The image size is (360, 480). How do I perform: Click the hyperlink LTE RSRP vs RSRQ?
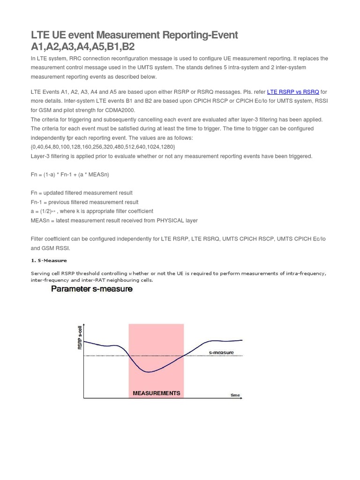(x=293, y=92)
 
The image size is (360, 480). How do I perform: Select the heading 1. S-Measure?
(x=49, y=260)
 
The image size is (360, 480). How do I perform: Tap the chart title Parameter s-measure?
(x=91, y=289)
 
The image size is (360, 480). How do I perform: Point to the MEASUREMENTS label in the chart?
(x=156, y=393)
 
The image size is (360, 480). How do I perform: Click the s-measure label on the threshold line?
(x=221, y=352)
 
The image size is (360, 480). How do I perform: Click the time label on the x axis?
(x=235, y=395)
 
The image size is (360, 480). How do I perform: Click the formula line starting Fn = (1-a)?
(x=70, y=174)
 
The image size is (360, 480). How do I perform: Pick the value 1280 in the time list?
(x=167, y=147)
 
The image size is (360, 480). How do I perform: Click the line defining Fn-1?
(x=84, y=202)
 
